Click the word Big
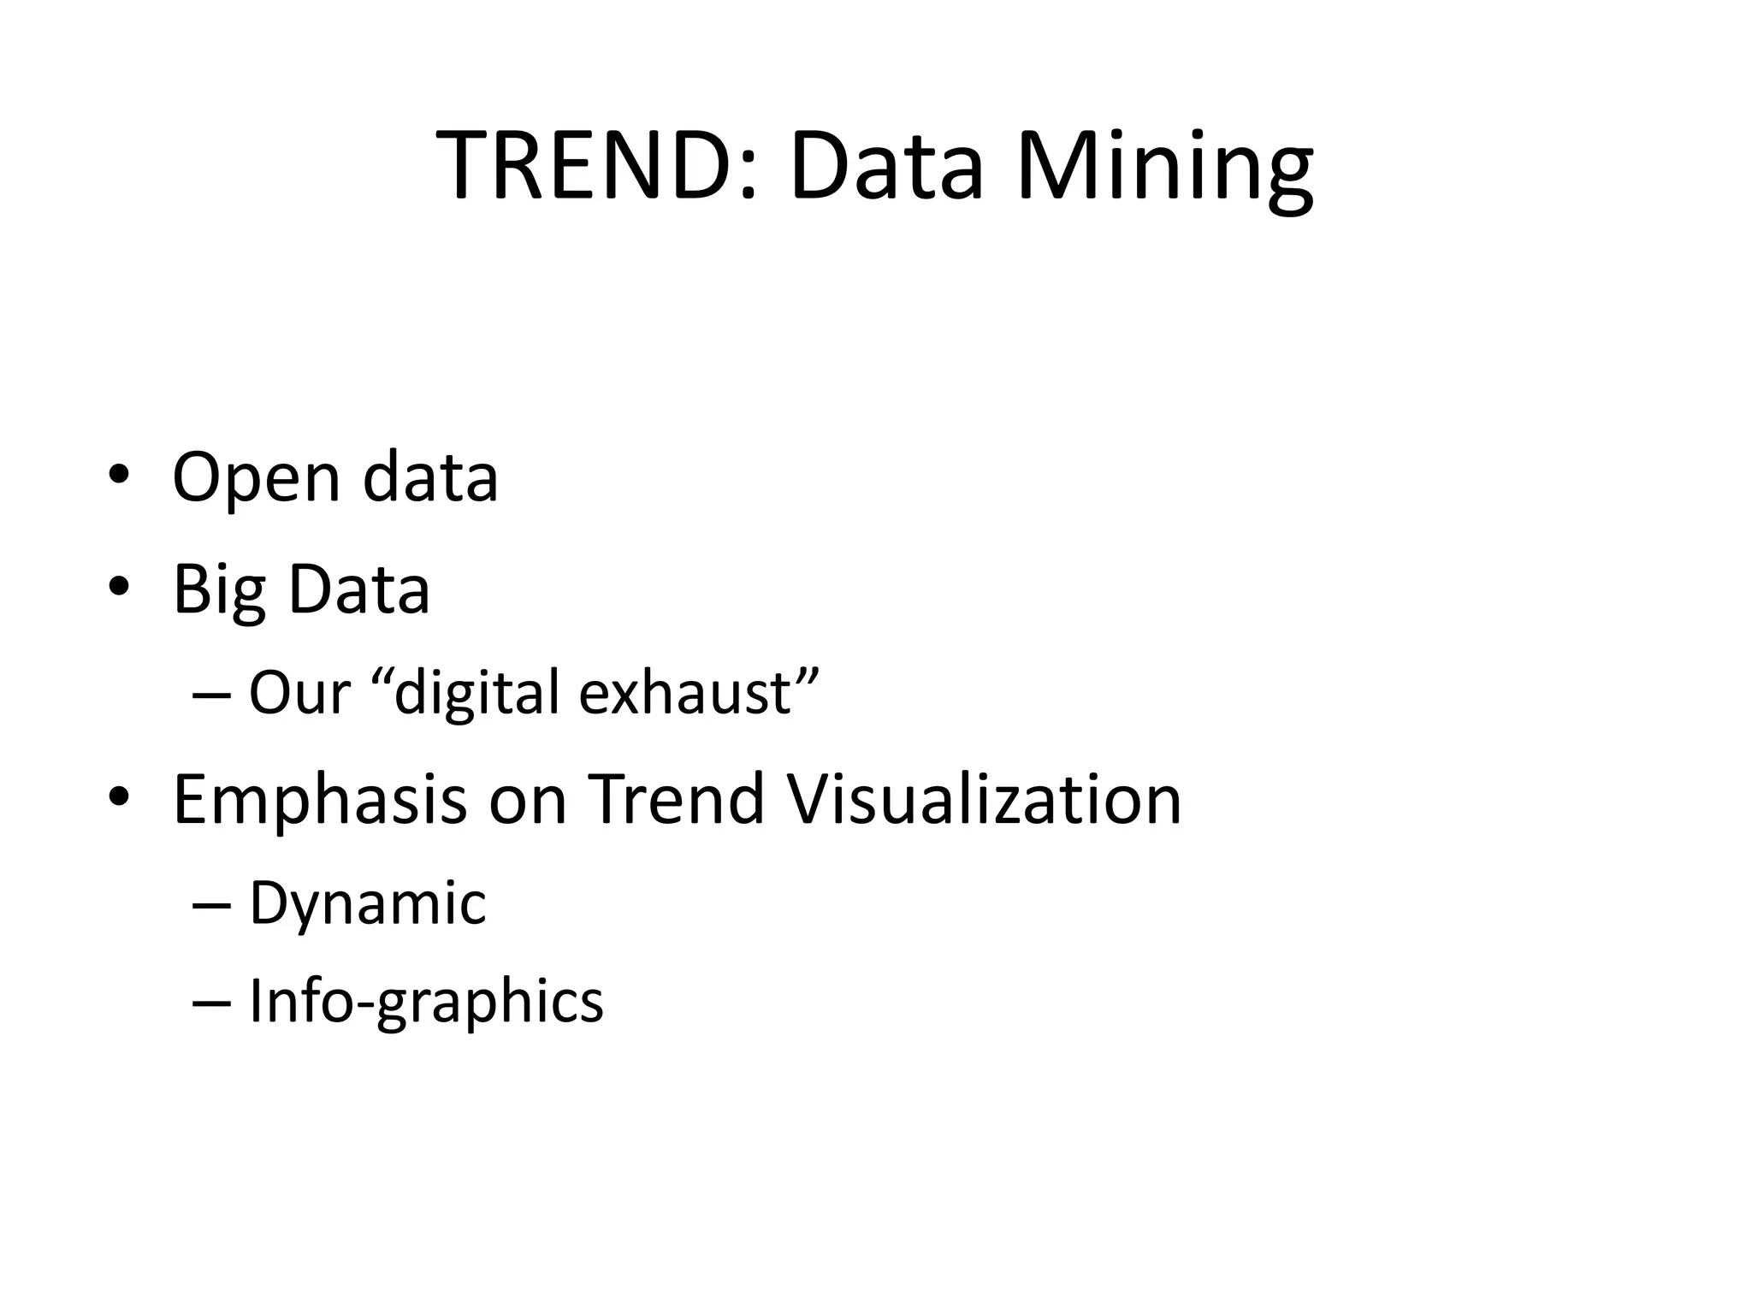click(218, 590)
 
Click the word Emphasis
click(320, 801)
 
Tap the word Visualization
click(984, 799)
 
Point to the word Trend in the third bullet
click(676, 799)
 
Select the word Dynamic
click(368, 903)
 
